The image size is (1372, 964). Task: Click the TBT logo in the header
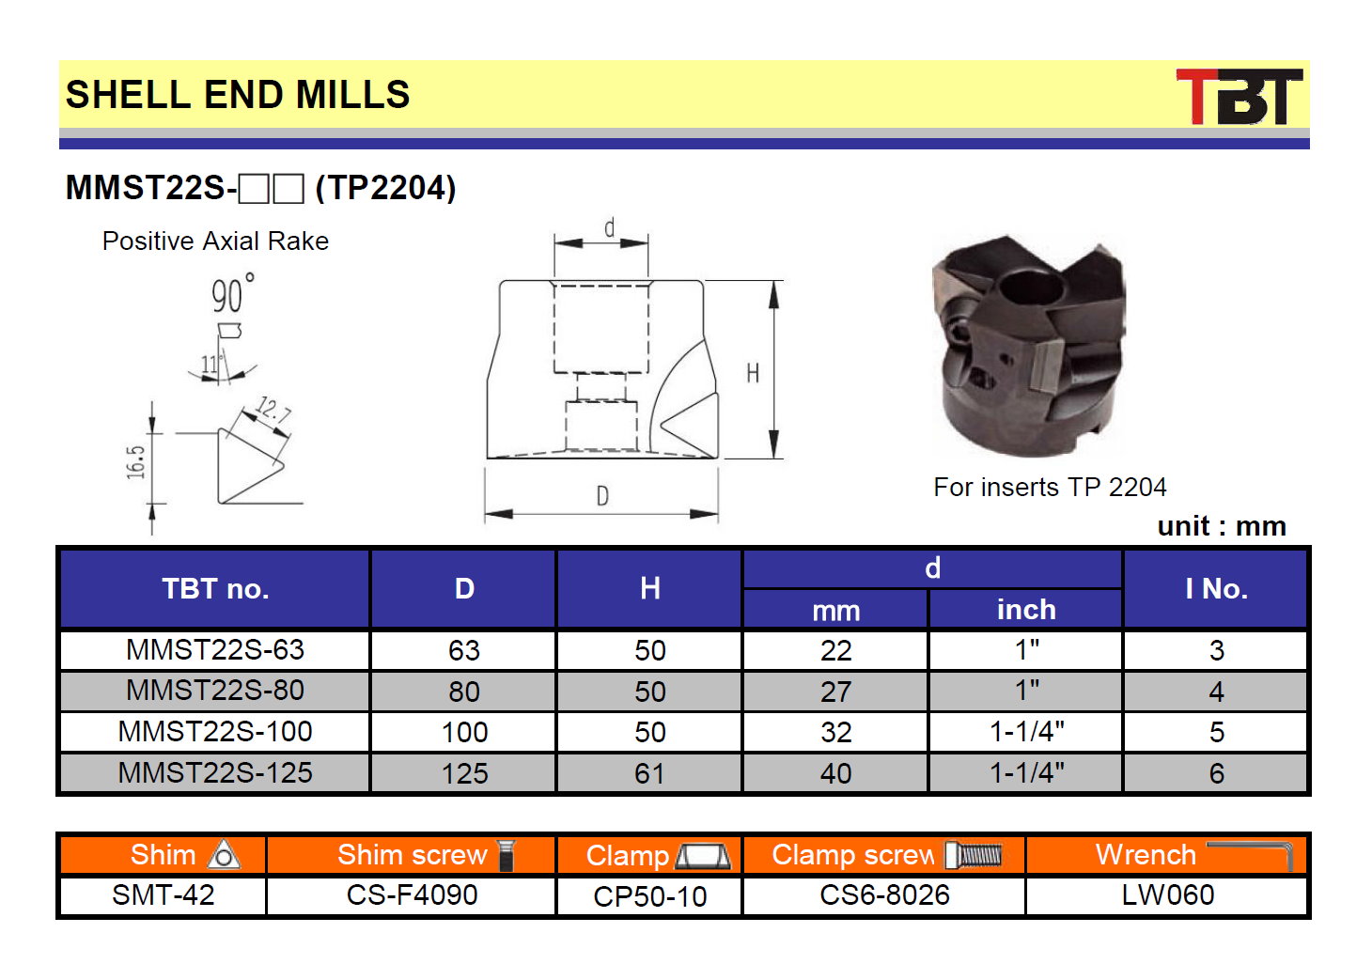point(1239,96)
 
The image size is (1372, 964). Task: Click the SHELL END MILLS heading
point(238,94)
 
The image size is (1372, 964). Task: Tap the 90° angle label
point(233,293)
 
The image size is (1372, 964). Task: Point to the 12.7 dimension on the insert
point(273,410)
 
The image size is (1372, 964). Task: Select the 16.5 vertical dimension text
point(136,462)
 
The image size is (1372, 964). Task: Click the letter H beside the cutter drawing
point(753,373)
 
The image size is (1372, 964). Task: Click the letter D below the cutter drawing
point(602,496)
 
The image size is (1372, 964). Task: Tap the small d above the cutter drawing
point(609,227)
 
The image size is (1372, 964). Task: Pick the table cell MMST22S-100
point(215,731)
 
